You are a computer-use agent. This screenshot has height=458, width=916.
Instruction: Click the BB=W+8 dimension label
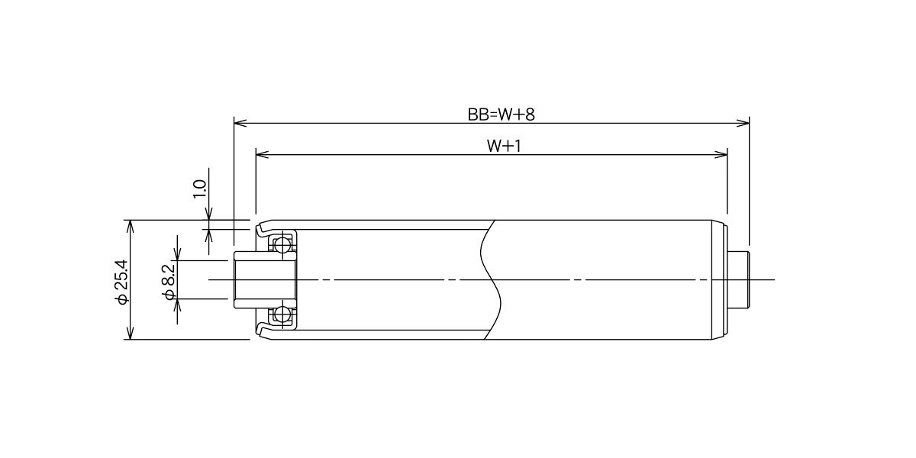(501, 114)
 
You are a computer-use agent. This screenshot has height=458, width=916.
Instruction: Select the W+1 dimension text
(504, 146)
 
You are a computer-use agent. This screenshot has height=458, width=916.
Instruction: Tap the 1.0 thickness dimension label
(200, 189)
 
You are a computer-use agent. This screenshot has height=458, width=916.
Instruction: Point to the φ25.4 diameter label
(122, 282)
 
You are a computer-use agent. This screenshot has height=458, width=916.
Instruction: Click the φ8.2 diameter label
(169, 282)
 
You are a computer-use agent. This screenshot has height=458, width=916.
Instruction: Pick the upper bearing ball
(282, 245)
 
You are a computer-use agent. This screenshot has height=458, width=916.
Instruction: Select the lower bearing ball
(282, 314)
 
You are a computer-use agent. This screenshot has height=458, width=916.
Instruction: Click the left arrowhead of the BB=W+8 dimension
(240, 123)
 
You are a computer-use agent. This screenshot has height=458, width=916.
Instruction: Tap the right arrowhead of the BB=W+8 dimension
(743, 123)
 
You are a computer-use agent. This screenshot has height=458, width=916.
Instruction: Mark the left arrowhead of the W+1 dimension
(262, 154)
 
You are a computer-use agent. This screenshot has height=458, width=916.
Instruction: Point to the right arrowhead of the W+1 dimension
(721, 154)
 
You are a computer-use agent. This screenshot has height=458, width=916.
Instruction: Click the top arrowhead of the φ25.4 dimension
(130, 226)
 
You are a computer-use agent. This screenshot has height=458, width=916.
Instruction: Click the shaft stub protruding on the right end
(740, 279)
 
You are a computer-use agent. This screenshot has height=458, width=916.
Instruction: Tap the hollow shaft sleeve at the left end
(265, 279)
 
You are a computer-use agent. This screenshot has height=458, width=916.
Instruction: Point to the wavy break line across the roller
(491, 279)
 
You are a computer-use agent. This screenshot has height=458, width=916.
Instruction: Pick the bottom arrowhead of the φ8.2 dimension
(177, 305)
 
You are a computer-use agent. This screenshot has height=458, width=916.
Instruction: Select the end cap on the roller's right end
(720, 279)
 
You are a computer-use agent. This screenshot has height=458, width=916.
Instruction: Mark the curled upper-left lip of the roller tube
(262, 227)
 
